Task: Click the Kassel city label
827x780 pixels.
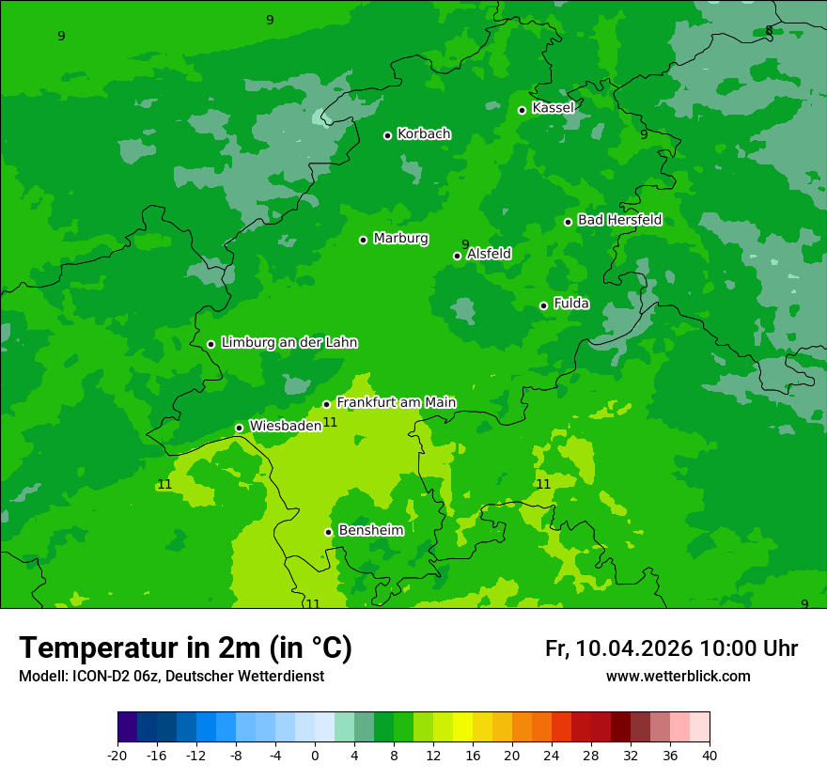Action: pyautogui.click(x=553, y=108)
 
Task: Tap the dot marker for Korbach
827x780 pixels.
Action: pyautogui.click(x=387, y=135)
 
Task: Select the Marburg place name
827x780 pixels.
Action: pyautogui.click(x=400, y=239)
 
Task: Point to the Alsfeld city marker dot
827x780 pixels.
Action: pyautogui.click(x=458, y=256)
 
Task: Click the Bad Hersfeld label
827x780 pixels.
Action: pyautogui.click(x=619, y=220)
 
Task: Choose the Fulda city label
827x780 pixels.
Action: pyautogui.click(x=571, y=304)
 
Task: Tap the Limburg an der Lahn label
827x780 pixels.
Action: pyautogui.click(x=289, y=343)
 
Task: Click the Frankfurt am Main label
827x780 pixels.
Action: pyautogui.click(x=396, y=402)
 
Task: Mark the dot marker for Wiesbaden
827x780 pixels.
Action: pyautogui.click(x=239, y=428)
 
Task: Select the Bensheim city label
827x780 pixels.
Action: pyautogui.click(x=370, y=530)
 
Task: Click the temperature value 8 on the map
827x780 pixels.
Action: pyautogui.click(x=769, y=31)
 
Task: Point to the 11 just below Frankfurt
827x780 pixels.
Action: pyautogui.click(x=330, y=422)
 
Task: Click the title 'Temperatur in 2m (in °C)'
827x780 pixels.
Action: pyautogui.click(x=185, y=648)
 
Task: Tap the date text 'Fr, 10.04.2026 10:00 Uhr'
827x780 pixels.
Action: pyautogui.click(x=671, y=649)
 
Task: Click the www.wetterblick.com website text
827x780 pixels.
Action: pyautogui.click(x=678, y=677)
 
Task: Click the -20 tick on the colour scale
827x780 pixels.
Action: pyautogui.click(x=117, y=756)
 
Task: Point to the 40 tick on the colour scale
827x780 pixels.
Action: pyautogui.click(x=710, y=756)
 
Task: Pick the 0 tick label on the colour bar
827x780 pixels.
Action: pyautogui.click(x=315, y=756)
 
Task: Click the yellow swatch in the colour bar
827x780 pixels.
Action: pyautogui.click(x=462, y=727)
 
